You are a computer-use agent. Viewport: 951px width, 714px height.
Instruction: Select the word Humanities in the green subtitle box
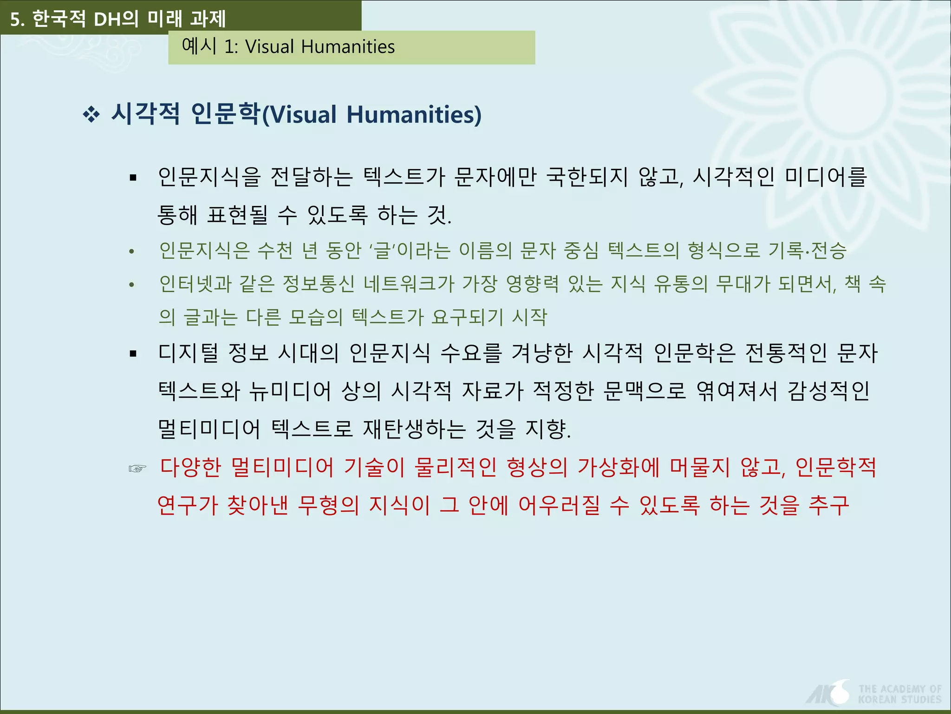tap(348, 46)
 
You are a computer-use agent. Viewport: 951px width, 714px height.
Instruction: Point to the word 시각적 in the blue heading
tap(145, 114)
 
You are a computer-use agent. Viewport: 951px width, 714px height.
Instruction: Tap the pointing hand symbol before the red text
tap(137, 468)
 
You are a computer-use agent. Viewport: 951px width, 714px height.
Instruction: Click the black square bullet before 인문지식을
tap(134, 178)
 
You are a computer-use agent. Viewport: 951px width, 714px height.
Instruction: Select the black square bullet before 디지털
tap(134, 354)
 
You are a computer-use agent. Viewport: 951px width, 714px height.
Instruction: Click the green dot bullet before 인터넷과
tap(132, 284)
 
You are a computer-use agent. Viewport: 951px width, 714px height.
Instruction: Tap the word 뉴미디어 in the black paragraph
tap(290, 390)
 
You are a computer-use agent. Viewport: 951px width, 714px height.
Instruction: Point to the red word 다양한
tap(190, 467)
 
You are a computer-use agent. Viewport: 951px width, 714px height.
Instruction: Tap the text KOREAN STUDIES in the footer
tap(899, 699)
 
